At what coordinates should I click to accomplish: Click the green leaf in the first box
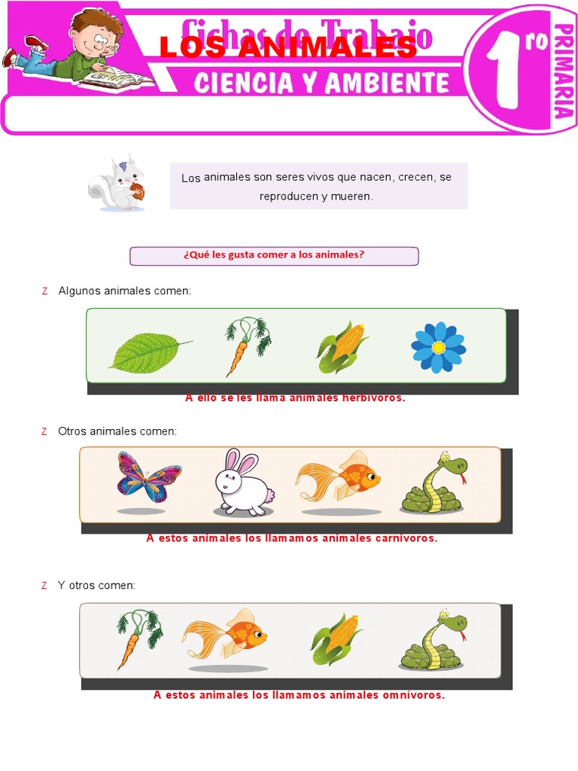[148, 352]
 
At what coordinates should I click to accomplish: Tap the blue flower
[438, 347]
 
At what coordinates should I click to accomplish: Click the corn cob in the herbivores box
[341, 346]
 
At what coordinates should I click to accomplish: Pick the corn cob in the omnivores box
[336, 638]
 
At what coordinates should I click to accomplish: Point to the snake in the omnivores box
[433, 641]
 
